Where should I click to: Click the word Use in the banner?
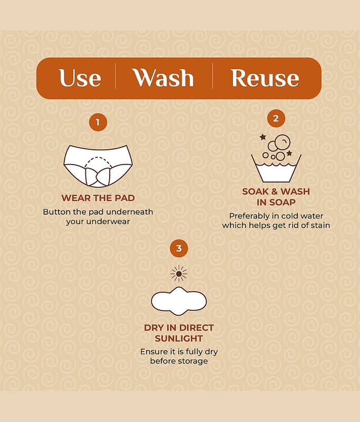[80, 78]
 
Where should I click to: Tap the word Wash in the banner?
[163, 78]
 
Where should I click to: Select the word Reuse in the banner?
[265, 78]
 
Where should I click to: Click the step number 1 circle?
[98, 122]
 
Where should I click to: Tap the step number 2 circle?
[276, 118]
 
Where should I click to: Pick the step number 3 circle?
[179, 248]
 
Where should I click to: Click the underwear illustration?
[98, 166]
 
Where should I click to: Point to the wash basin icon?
[276, 168]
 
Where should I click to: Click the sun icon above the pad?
[179, 274]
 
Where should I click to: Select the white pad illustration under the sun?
[179, 301]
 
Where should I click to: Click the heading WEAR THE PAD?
[98, 198]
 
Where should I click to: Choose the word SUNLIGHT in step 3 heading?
[179, 338]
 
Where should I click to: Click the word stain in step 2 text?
[320, 225]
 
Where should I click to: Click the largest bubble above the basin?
[283, 141]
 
